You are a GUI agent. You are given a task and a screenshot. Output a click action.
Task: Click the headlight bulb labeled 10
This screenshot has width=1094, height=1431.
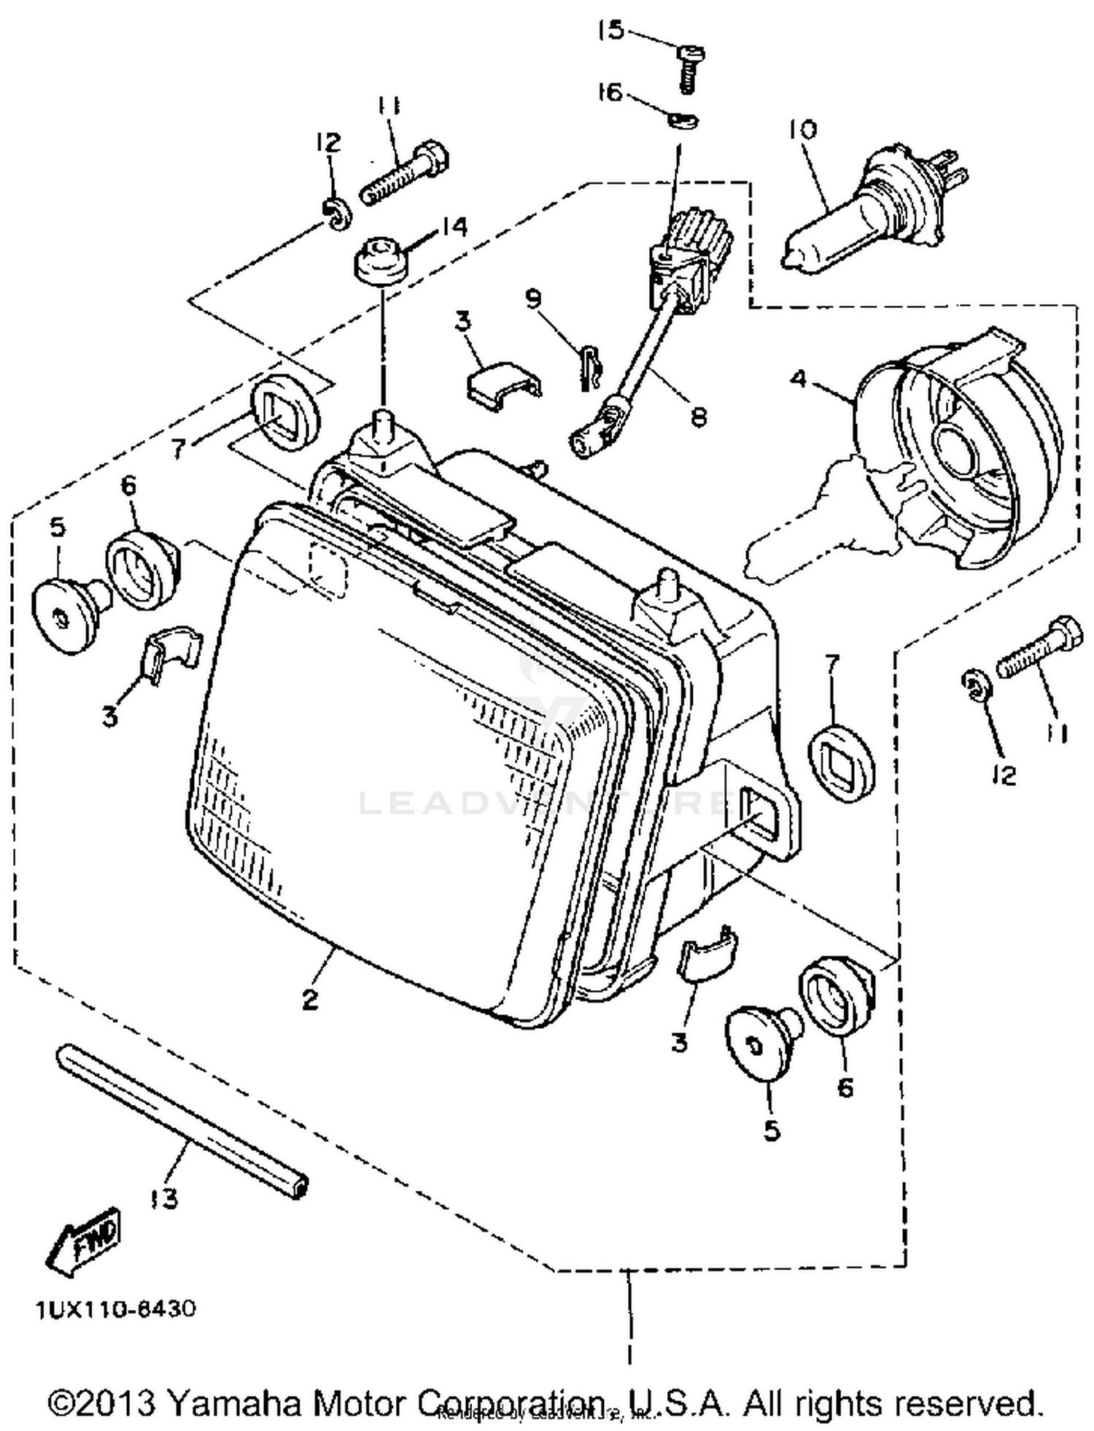pos(868,212)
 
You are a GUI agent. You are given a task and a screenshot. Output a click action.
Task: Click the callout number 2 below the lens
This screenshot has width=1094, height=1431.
pos(311,999)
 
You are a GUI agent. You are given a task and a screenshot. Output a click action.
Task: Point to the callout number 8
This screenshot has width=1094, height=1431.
pos(698,417)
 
